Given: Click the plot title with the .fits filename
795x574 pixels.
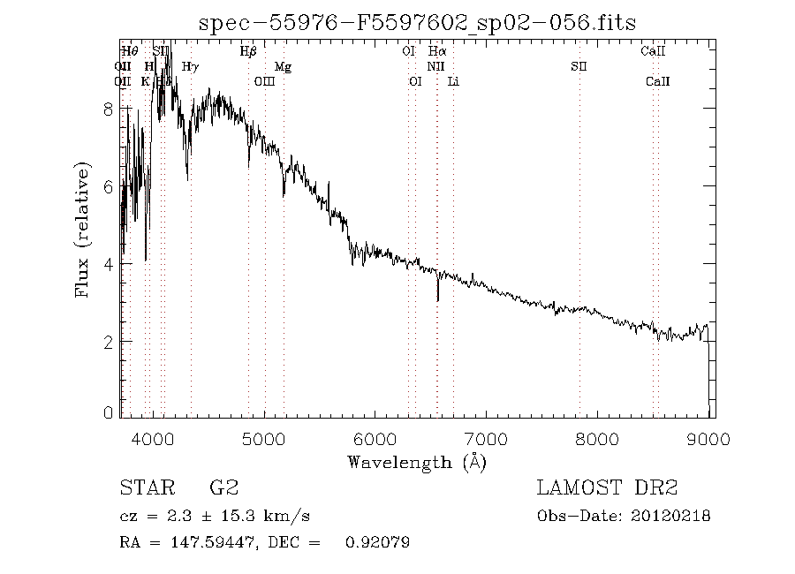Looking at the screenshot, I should (x=418, y=22).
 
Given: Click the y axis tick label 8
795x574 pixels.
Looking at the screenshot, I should (x=109, y=109).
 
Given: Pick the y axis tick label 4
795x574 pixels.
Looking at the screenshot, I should (x=109, y=263).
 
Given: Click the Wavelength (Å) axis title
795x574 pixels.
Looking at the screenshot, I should (x=416, y=462).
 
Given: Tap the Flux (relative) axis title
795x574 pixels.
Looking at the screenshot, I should (x=84, y=229).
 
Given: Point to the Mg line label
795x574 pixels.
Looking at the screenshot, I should (x=283, y=66).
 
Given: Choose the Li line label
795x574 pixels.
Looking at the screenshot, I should (x=453, y=81).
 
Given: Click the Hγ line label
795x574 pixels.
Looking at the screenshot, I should (x=190, y=66).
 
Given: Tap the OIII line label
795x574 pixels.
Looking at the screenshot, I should (x=264, y=81).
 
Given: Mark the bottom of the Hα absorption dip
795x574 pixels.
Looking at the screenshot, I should (x=438, y=300).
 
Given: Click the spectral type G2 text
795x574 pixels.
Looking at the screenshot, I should (x=224, y=487).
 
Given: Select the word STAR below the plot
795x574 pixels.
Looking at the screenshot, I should (x=144, y=487).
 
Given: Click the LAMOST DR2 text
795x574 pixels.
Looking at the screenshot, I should (x=607, y=487).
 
